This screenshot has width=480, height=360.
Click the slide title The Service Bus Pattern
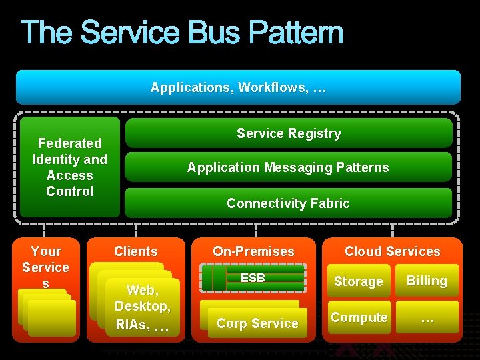pos(181,33)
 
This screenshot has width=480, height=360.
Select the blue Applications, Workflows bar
pos(238,87)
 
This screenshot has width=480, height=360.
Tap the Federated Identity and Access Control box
pos(70,167)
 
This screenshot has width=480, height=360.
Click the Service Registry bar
pos(289,133)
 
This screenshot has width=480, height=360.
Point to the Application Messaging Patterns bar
pos(288,167)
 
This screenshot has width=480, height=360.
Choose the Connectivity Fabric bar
pos(288,203)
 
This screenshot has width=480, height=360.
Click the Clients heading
pos(136,251)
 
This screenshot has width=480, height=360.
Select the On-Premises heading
pos(253,251)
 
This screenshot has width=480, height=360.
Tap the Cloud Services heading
pos(392,251)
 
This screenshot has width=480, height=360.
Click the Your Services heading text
pos(45,267)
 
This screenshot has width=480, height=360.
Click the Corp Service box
pos(257,323)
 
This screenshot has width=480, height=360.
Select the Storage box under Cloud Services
pos(358,281)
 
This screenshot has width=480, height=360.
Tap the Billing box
pos(427,281)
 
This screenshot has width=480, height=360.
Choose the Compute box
pos(359,317)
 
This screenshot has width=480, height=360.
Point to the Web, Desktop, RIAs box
pos(142,307)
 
